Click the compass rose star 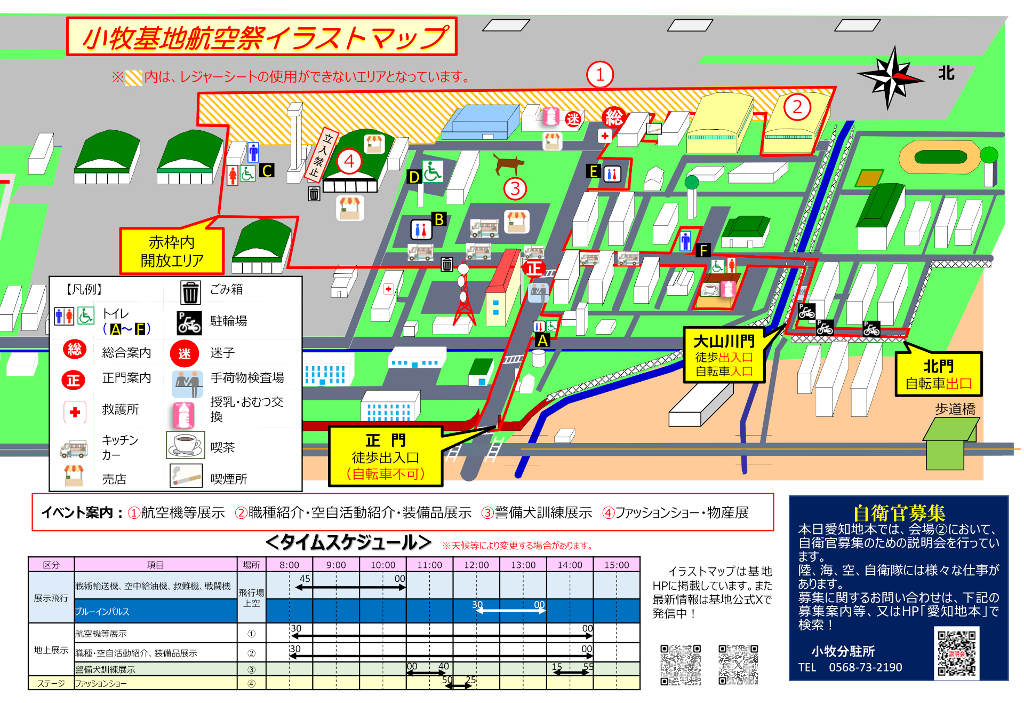click(890, 78)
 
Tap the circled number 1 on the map click(600, 75)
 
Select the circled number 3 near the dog click(515, 188)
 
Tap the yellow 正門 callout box click(386, 456)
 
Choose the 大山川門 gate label click(724, 355)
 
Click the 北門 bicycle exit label click(939, 374)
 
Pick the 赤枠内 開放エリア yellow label click(172, 251)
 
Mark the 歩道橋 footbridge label click(955, 409)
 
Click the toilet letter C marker click(267, 171)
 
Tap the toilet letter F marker click(703, 250)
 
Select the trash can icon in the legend click(190, 292)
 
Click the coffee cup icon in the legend click(186, 445)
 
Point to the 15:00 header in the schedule click(617, 565)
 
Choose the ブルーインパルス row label click(102, 612)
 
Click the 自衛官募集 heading click(899, 512)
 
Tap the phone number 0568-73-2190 click(865, 667)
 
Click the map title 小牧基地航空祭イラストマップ click(262, 37)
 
